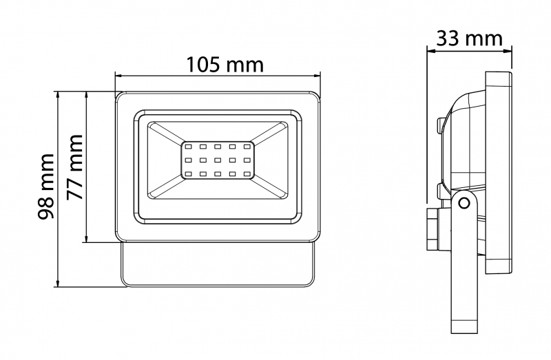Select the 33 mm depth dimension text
tap(469, 38)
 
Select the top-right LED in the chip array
tap(246, 147)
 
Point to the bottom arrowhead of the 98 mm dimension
tap(59, 283)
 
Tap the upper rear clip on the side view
tap(441, 125)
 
